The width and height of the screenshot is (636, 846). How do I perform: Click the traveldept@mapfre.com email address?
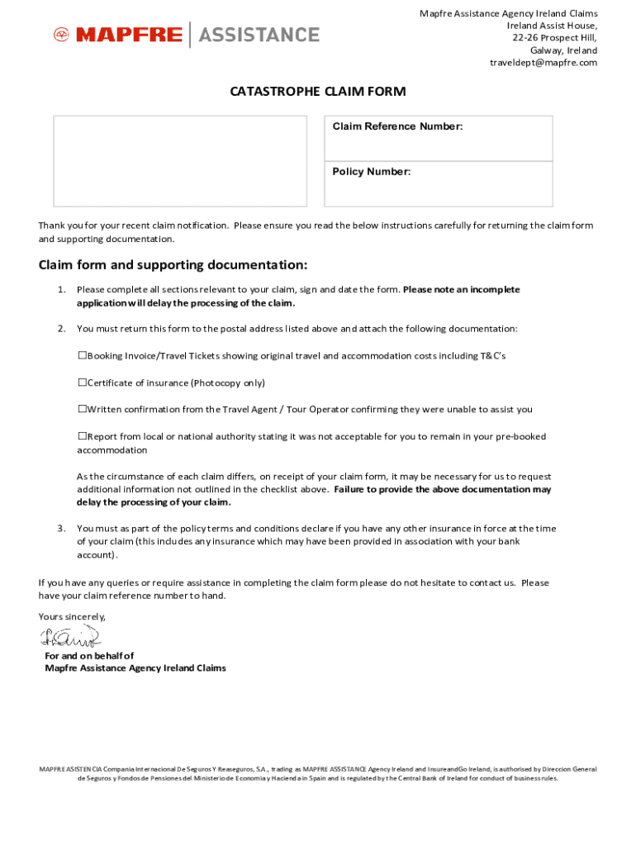click(x=543, y=63)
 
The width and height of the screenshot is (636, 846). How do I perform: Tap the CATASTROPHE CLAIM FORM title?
click(x=317, y=92)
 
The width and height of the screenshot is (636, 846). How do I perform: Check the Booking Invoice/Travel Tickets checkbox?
click(x=83, y=356)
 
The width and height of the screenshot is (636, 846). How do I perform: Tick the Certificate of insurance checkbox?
click(x=83, y=383)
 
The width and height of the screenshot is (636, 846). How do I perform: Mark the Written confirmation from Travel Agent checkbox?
click(x=83, y=409)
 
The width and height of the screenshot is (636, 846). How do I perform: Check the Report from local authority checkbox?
click(x=83, y=436)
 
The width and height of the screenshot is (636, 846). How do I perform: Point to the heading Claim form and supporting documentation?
click(x=173, y=265)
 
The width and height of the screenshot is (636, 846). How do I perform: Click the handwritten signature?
click(x=69, y=637)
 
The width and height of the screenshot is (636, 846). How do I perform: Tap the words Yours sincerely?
click(x=72, y=616)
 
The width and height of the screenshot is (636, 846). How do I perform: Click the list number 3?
click(x=61, y=529)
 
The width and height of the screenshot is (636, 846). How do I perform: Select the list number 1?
click(x=61, y=290)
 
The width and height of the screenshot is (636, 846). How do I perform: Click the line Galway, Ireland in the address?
click(x=563, y=50)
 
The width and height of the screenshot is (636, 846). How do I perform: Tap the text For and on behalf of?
click(x=89, y=656)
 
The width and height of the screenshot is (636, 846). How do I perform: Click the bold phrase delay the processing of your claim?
click(x=154, y=502)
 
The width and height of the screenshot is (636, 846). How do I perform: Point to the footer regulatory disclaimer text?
click(x=317, y=773)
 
